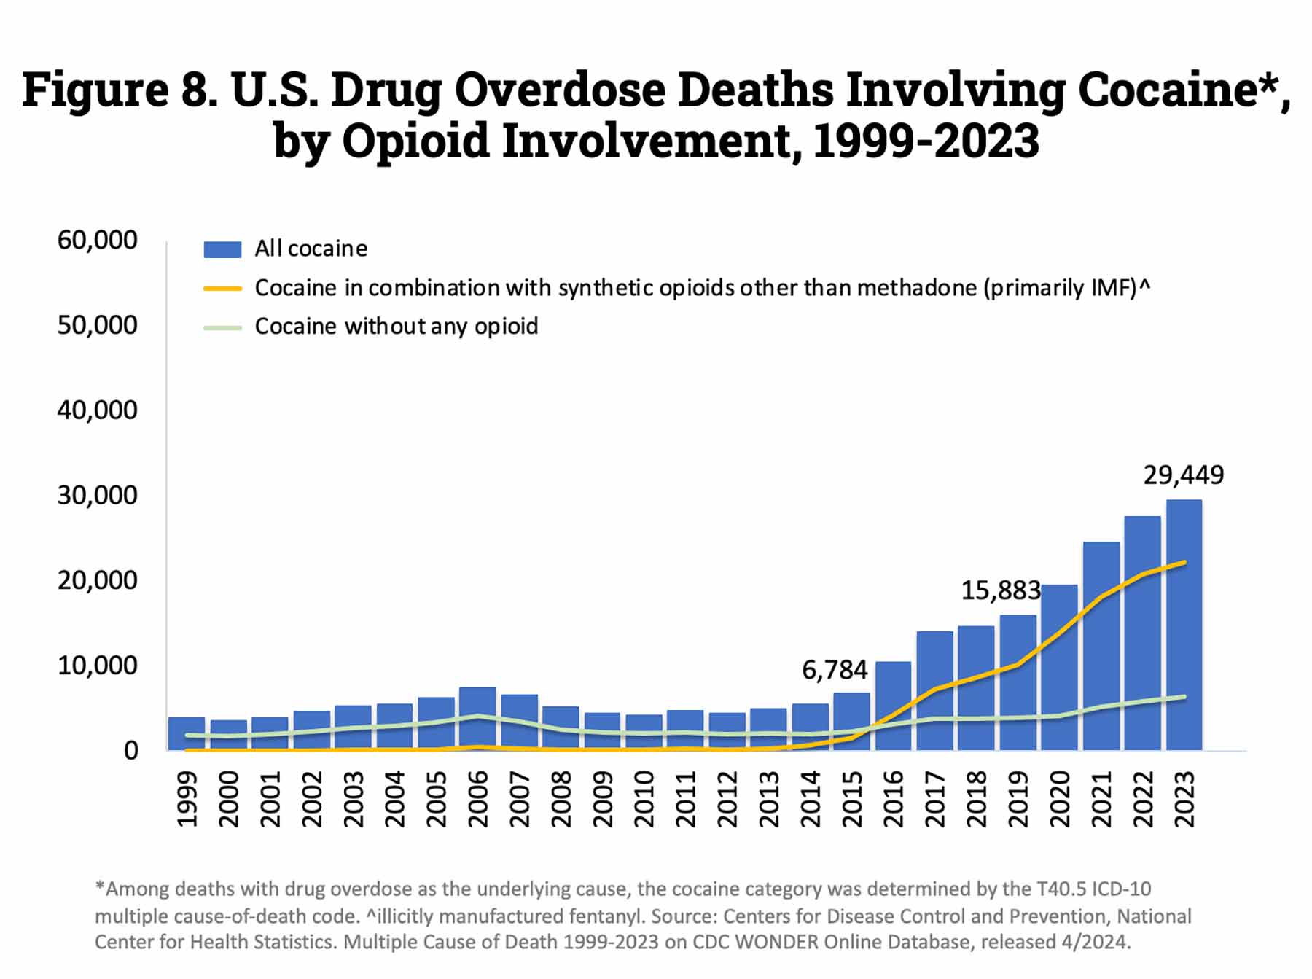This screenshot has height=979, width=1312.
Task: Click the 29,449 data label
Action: coord(1183,475)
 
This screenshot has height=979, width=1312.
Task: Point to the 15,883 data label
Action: coord(1000,590)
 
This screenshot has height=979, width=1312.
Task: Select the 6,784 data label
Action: coord(835,670)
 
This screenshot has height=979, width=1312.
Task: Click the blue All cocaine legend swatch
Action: coord(222,249)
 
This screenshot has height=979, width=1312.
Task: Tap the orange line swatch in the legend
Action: coord(222,289)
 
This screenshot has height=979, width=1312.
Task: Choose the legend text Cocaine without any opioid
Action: coord(396,326)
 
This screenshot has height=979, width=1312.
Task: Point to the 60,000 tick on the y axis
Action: coord(97,240)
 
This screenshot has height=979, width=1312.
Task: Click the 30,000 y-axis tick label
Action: coord(97,496)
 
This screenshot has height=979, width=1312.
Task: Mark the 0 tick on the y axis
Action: coord(130,751)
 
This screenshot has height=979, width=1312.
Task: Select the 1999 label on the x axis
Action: coord(187,800)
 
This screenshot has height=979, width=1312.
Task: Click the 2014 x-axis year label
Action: coord(811,800)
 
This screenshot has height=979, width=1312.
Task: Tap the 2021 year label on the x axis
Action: coord(1101,800)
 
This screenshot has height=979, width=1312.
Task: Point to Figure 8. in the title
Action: coord(120,90)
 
